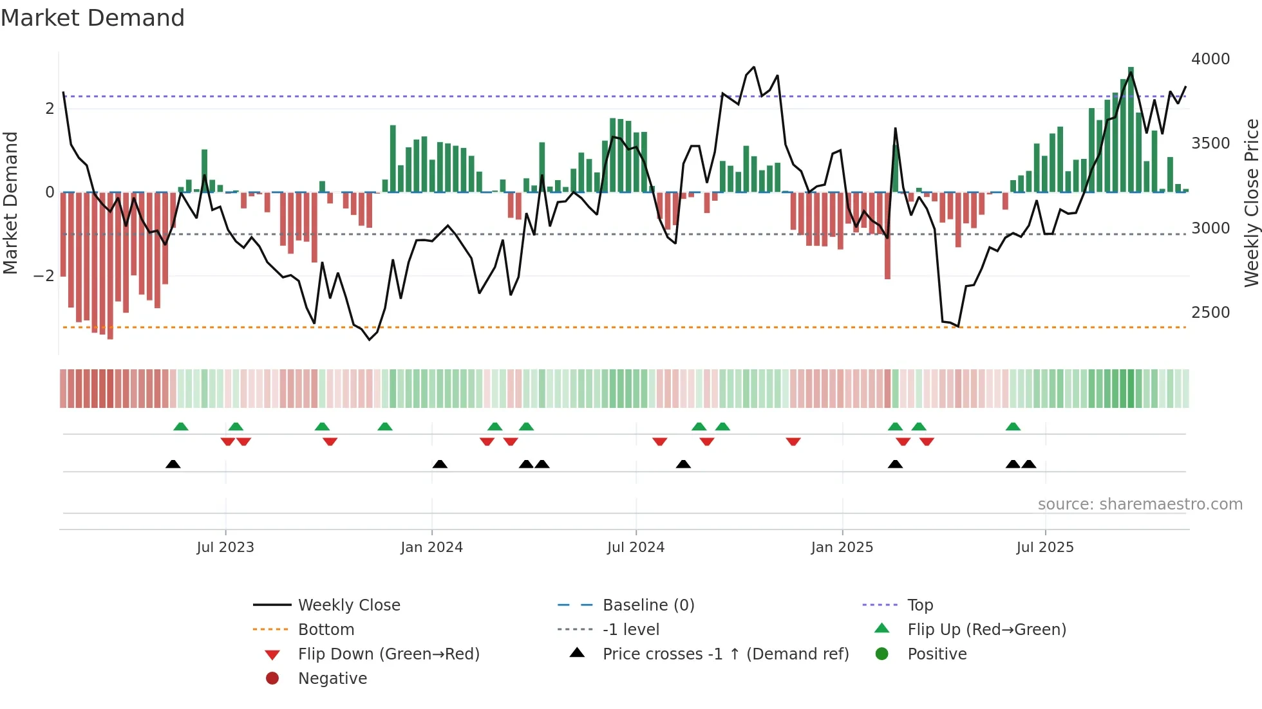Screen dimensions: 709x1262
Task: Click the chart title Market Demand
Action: pyautogui.click(x=93, y=17)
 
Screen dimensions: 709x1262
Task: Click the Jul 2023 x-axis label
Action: pyautogui.click(x=225, y=547)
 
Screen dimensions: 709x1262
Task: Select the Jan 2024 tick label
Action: pyautogui.click(x=431, y=547)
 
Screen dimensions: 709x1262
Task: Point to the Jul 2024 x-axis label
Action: pyautogui.click(x=636, y=547)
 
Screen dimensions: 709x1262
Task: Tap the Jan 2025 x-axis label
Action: pyautogui.click(x=842, y=547)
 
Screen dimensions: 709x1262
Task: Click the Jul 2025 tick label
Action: pyautogui.click(x=1045, y=547)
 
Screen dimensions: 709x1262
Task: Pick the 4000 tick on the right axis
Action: pyautogui.click(x=1210, y=59)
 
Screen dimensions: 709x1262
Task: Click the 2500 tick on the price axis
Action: pyautogui.click(x=1210, y=312)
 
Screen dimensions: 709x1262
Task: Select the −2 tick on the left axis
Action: pyautogui.click(x=44, y=276)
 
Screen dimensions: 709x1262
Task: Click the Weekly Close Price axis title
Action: pyautogui.click(x=1251, y=203)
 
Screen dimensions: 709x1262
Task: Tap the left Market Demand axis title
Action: pyautogui.click(x=10, y=203)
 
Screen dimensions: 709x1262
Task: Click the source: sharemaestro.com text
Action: pyautogui.click(x=1140, y=504)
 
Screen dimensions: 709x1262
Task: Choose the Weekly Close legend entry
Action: pyautogui.click(x=349, y=605)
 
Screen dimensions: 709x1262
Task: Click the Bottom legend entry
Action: pyautogui.click(x=326, y=629)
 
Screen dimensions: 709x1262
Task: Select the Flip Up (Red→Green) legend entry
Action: pyautogui.click(x=986, y=629)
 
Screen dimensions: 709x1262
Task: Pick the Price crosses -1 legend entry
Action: pyautogui.click(x=725, y=654)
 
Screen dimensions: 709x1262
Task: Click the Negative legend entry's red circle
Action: pyautogui.click(x=272, y=678)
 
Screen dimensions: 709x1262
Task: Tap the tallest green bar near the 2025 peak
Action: pyautogui.click(x=1131, y=129)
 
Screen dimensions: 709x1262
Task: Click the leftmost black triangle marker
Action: pyautogui.click(x=173, y=464)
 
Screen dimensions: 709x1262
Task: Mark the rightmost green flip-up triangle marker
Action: pyautogui.click(x=1013, y=427)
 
